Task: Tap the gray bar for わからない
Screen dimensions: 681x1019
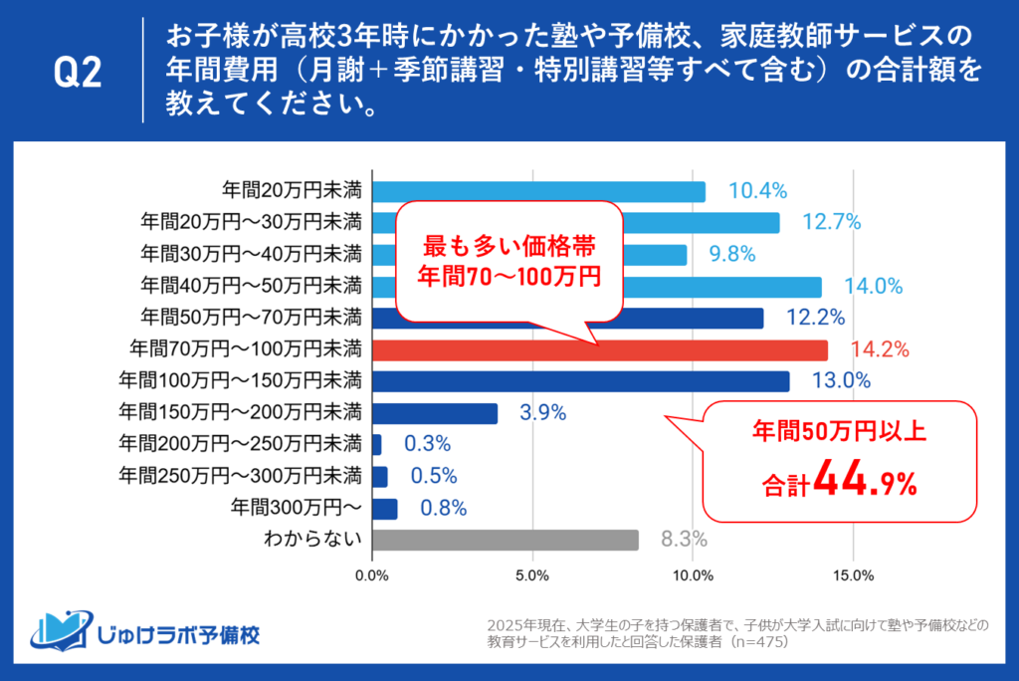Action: click(505, 540)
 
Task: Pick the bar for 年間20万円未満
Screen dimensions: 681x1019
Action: click(538, 191)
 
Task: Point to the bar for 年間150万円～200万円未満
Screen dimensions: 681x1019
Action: click(434, 413)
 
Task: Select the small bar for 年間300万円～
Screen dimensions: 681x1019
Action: click(384, 509)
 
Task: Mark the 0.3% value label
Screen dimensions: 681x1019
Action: click(427, 445)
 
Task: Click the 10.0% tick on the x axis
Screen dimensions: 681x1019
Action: click(693, 575)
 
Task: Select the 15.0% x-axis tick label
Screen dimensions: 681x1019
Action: click(853, 575)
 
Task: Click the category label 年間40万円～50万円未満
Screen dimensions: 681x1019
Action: click(250, 287)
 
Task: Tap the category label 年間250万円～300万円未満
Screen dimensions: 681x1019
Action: click(240, 477)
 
